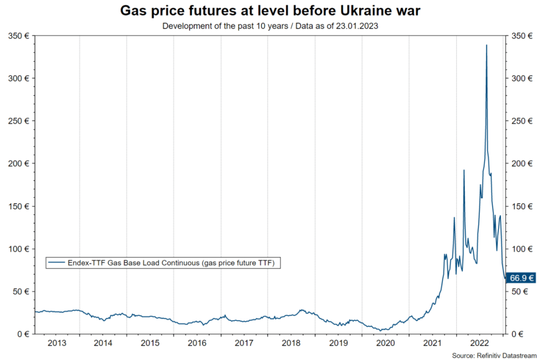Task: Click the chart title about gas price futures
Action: click(269, 11)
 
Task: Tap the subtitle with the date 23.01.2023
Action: click(269, 26)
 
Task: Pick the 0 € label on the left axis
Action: click(22, 334)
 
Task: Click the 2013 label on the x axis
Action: click(56, 344)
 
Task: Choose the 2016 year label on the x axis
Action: click(197, 344)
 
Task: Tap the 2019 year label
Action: click(338, 344)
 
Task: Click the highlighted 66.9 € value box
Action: click(521, 278)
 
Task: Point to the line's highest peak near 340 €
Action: click(486, 45)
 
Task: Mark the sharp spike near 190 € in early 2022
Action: click(464, 170)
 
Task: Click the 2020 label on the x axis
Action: click(385, 344)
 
